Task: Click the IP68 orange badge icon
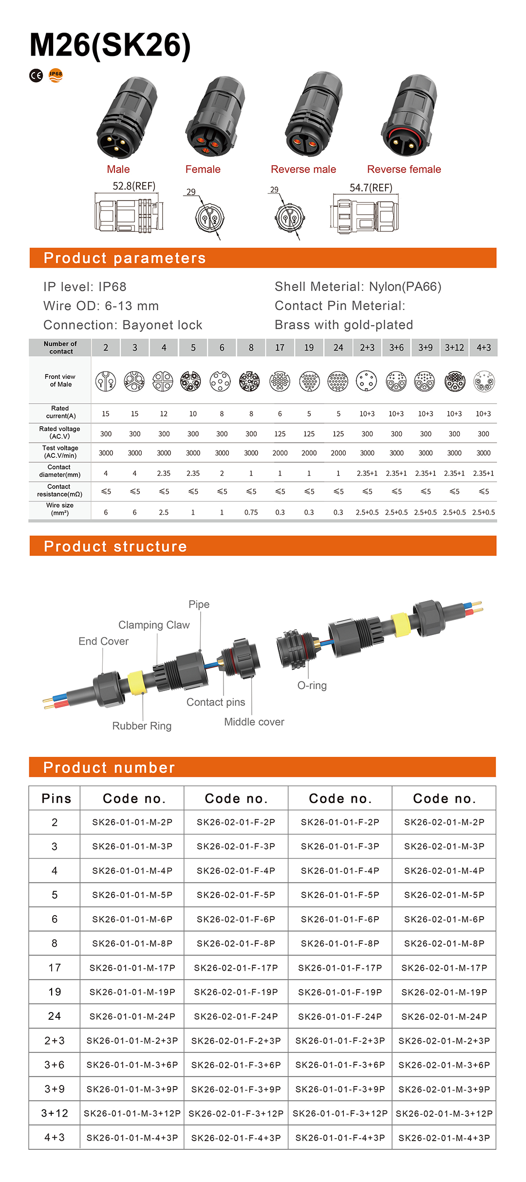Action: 56,75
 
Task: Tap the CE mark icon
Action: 37,75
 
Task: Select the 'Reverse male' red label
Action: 303,169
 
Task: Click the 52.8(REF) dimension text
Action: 134,186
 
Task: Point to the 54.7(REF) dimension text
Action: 371,188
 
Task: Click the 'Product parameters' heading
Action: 125,258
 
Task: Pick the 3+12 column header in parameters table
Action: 454,348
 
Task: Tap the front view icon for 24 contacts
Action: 338,381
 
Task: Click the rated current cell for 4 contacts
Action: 164,414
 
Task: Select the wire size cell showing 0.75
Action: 251,512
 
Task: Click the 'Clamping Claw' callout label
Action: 154,625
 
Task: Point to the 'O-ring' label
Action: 312,685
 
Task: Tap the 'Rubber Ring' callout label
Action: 142,726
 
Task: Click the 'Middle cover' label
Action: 254,722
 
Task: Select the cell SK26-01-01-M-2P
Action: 132,822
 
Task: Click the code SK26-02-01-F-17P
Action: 236,968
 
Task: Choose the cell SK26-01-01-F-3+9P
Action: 340,1089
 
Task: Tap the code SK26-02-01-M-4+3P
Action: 444,1138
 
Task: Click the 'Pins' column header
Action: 56,799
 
